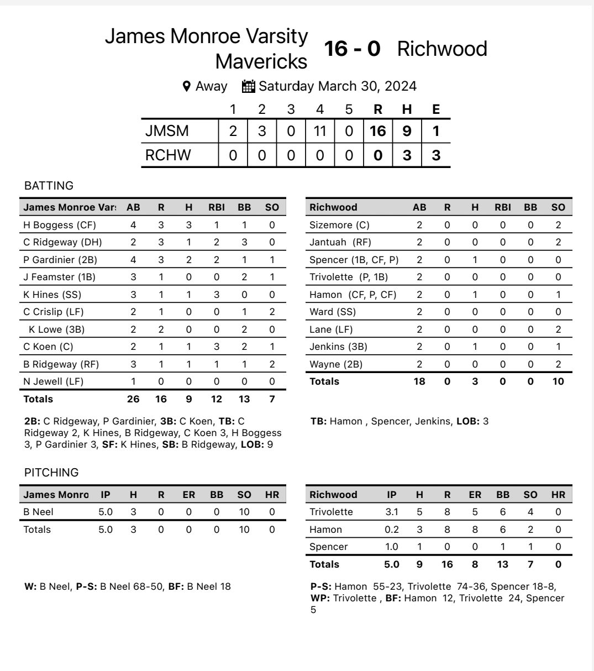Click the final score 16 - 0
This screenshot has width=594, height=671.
tap(352, 49)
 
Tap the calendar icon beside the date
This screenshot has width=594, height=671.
tap(249, 86)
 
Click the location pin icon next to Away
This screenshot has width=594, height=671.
tap(187, 86)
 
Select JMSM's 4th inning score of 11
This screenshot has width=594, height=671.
tap(319, 131)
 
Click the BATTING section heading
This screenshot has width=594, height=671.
tap(49, 186)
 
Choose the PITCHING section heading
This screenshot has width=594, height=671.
tap(51, 473)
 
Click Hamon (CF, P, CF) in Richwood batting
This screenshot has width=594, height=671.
tap(353, 295)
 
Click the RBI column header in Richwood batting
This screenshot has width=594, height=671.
tap(503, 207)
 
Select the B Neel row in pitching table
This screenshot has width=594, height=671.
tap(38, 512)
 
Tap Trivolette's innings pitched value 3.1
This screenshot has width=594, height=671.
tap(391, 512)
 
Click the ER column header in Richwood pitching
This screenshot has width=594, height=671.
tap(475, 495)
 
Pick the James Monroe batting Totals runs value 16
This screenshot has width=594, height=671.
tap(161, 399)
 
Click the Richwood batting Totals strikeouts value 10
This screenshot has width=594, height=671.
tap(558, 381)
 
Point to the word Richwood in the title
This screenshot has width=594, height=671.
tap(442, 49)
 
